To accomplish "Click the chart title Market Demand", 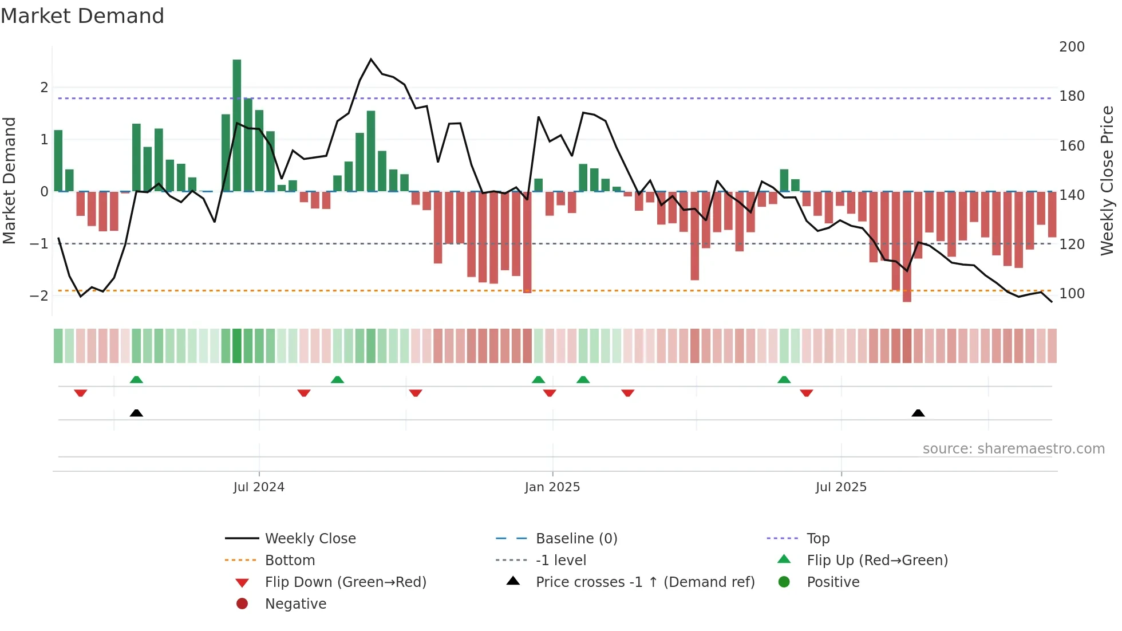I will click(x=82, y=16).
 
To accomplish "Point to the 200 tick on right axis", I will click(x=1072, y=47).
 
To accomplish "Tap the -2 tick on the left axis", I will click(x=39, y=296).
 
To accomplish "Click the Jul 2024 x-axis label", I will click(x=259, y=487).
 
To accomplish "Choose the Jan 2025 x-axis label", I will click(x=552, y=487).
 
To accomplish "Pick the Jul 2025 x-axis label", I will click(x=841, y=487).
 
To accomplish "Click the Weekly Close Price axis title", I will click(x=1107, y=180).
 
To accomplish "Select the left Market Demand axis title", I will click(x=10, y=180).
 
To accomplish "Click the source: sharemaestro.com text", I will click(x=1013, y=449).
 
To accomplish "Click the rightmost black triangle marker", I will click(x=918, y=413).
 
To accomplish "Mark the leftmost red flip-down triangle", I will click(x=81, y=393).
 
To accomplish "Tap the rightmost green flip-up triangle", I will click(x=784, y=380).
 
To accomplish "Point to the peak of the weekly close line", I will click(x=371, y=60).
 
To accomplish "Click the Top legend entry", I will click(x=818, y=539).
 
